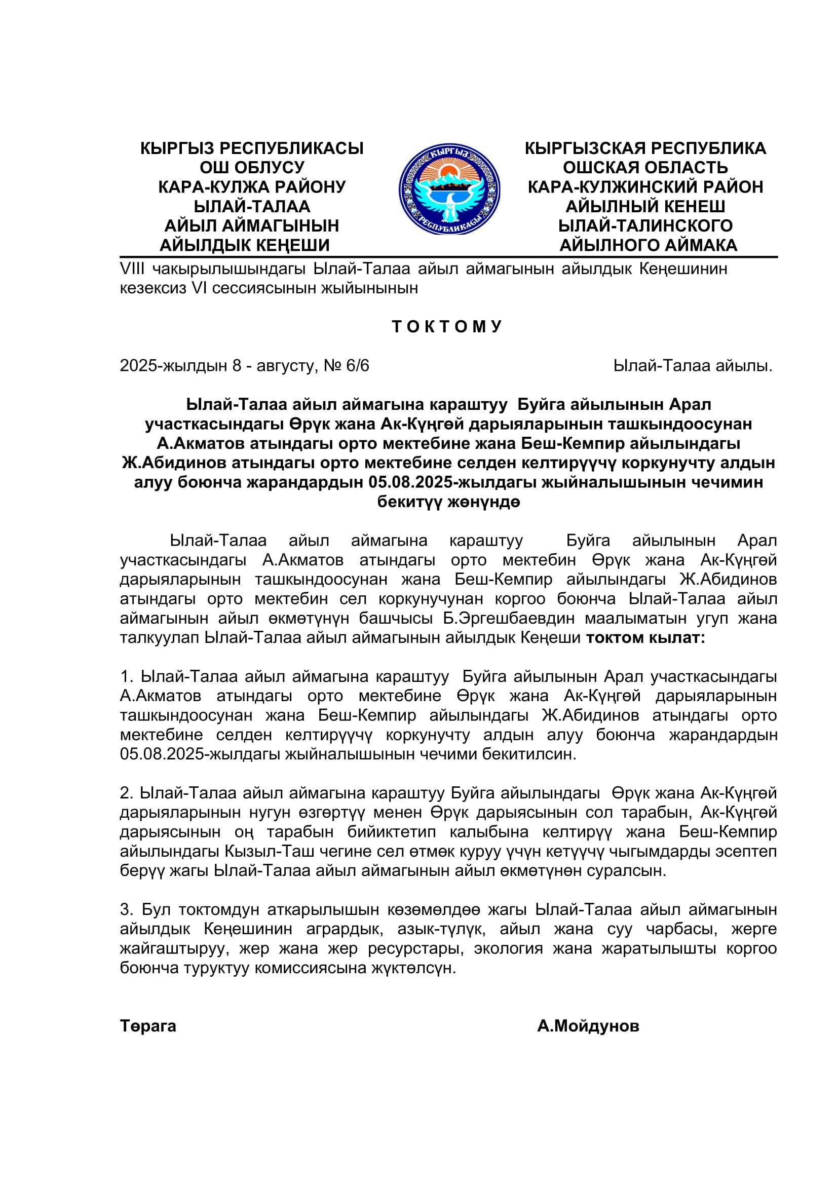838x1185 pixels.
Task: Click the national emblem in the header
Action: click(x=449, y=189)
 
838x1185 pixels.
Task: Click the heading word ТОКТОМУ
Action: click(x=447, y=327)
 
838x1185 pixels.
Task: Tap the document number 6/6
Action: click(x=358, y=366)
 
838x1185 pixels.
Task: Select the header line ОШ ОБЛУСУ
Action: click(x=252, y=167)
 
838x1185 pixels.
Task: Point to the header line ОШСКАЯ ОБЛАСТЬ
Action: click(x=645, y=167)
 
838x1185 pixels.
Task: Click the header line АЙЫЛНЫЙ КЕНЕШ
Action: click(x=645, y=206)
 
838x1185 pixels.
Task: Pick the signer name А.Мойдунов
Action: click(x=588, y=1025)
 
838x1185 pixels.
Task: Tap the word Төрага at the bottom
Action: click(x=148, y=1025)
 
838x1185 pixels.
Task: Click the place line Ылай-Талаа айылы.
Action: click(x=693, y=366)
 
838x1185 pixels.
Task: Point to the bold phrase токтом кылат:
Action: click(x=645, y=638)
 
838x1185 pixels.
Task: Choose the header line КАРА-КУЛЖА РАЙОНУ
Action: click(x=252, y=187)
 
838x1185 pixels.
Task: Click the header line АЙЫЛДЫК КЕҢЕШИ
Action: click(x=245, y=245)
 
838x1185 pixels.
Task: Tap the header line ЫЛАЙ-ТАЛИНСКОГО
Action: click(x=645, y=225)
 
